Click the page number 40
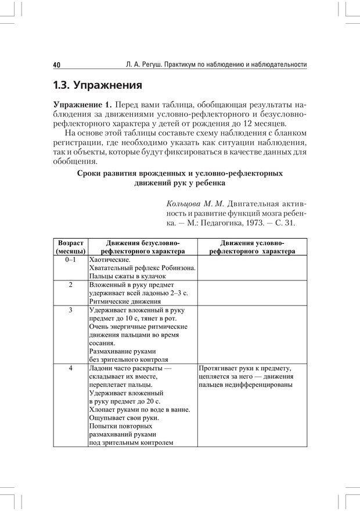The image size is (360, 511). point(56,64)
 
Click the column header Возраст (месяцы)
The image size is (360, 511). point(70,247)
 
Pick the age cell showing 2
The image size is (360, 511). point(70,285)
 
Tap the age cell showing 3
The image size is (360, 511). point(70,310)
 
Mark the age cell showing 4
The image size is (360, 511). point(70,368)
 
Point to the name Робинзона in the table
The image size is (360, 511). point(177,268)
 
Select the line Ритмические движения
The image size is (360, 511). point(125,301)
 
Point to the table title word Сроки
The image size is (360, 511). point(90,173)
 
